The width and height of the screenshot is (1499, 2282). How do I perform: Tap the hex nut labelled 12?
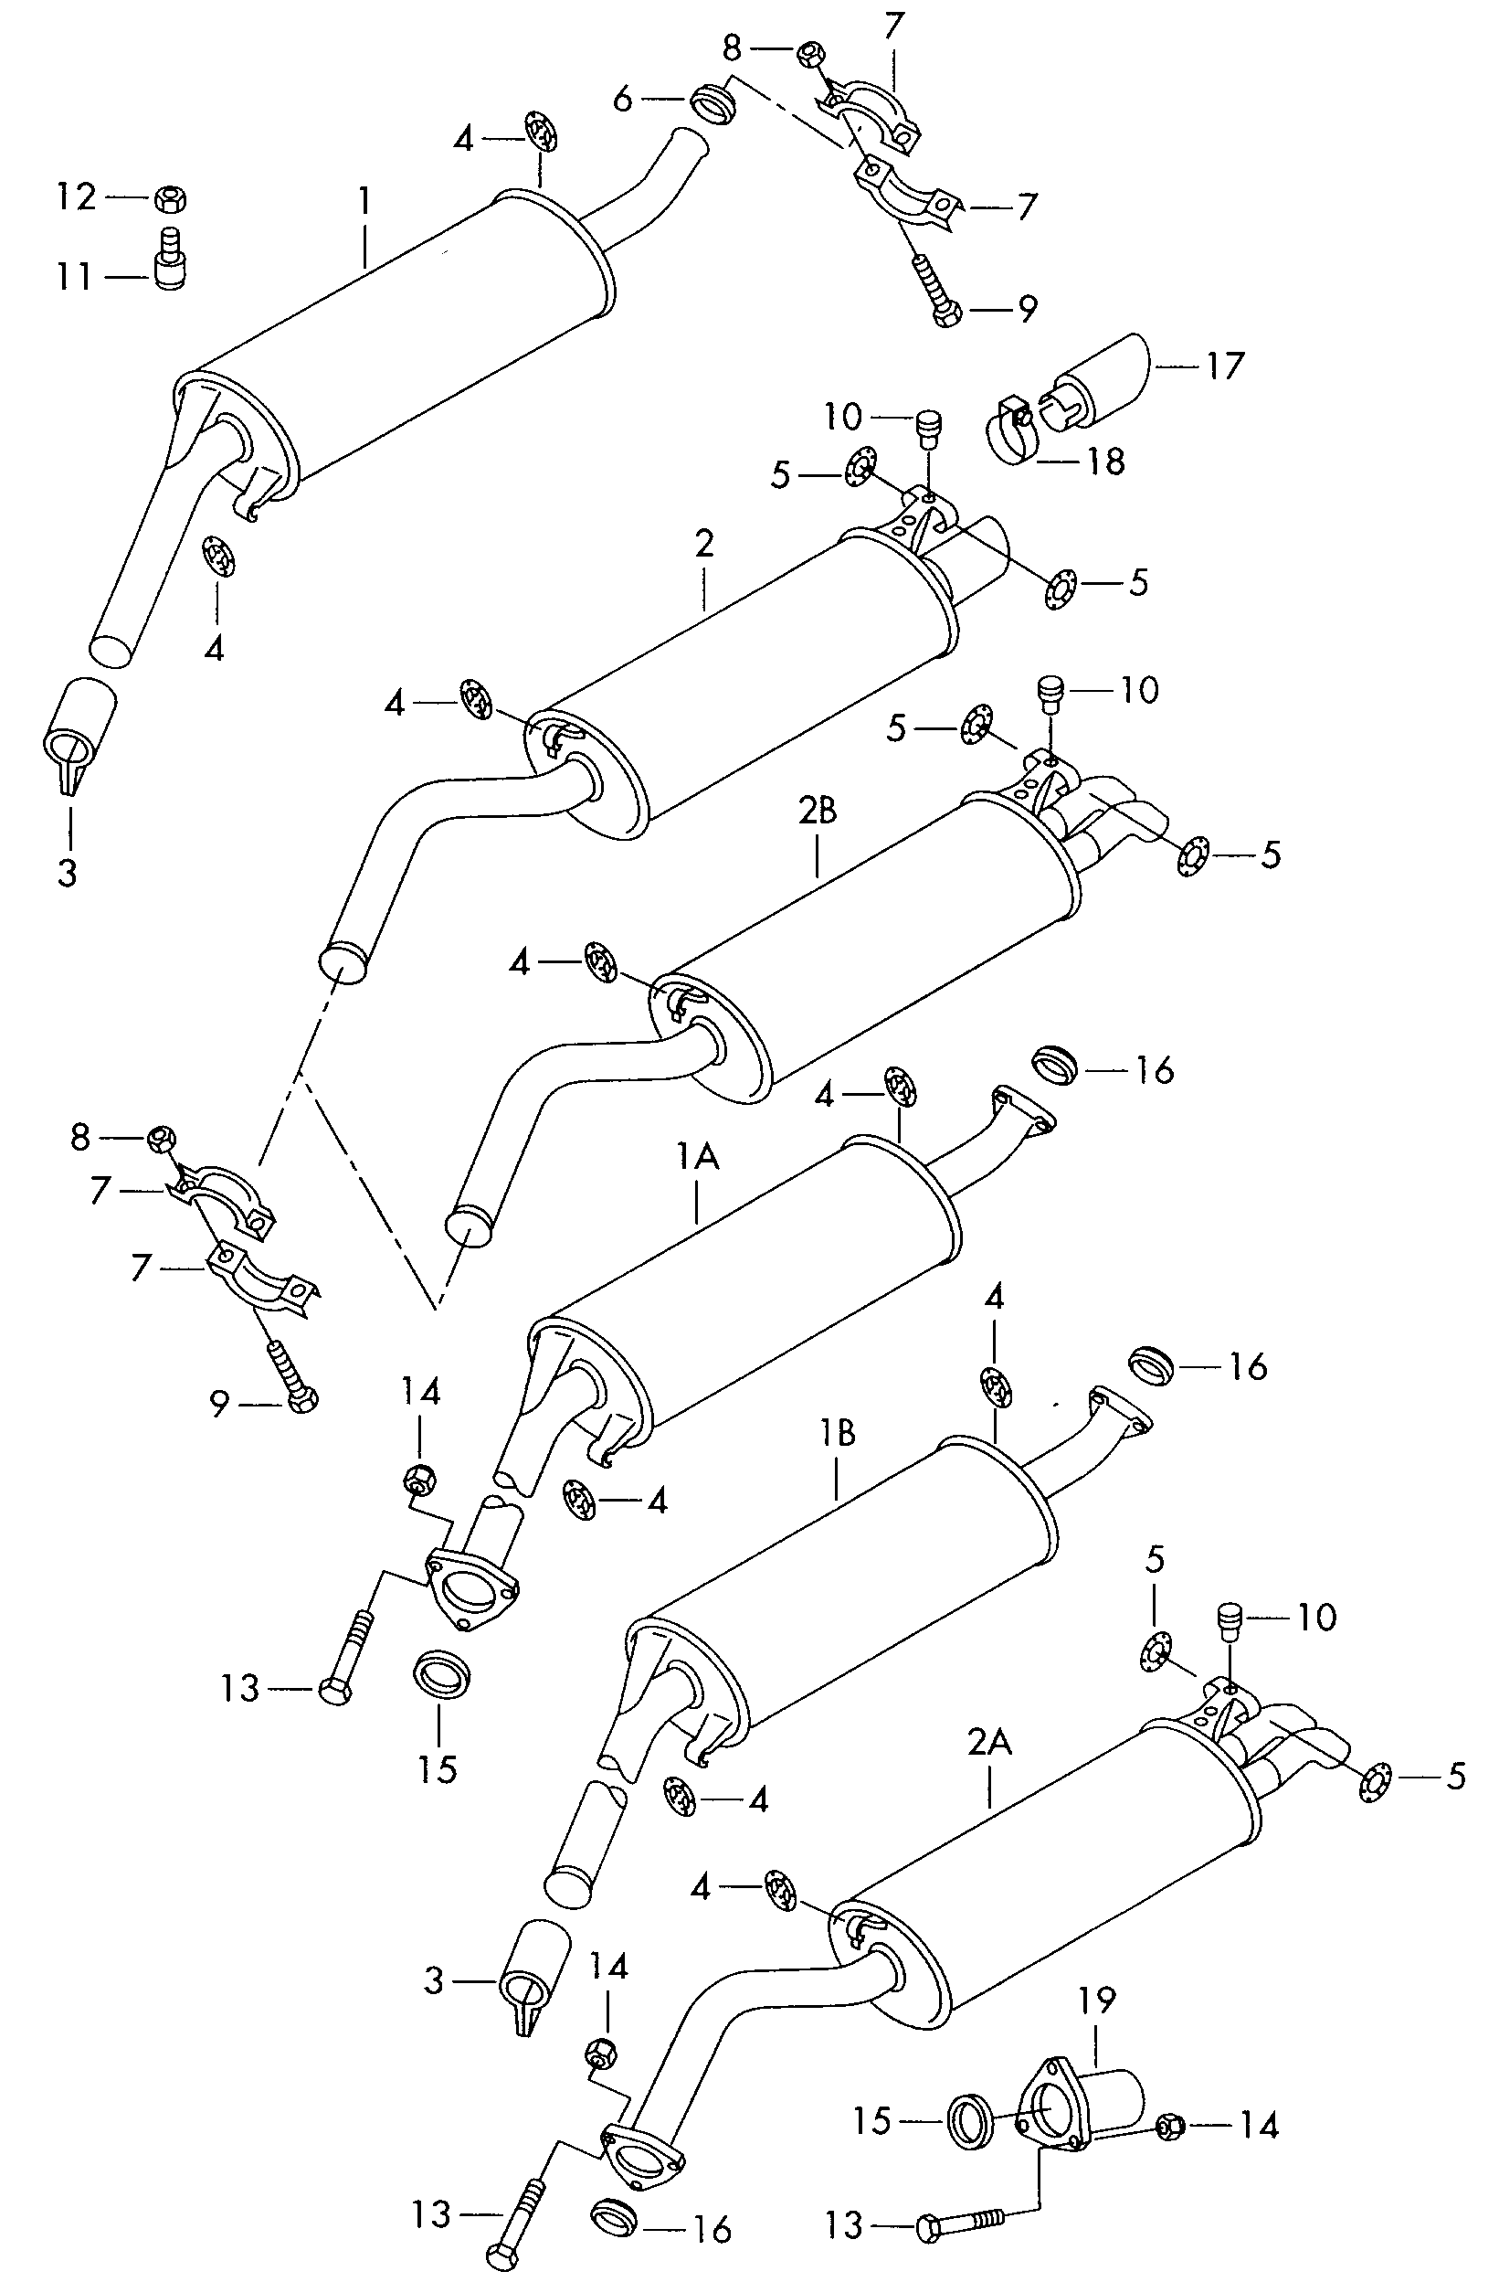pyautogui.click(x=170, y=199)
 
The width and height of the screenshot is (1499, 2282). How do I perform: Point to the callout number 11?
pyautogui.click(x=74, y=277)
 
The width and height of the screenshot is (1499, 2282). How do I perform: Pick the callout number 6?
pyautogui.click(x=623, y=98)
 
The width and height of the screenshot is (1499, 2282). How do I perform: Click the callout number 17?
pyautogui.click(x=1224, y=366)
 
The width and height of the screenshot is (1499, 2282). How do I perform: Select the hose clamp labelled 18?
pyautogui.click(x=1008, y=432)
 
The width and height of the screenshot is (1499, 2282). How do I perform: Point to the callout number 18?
pyautogui.click(x=1106, y=462)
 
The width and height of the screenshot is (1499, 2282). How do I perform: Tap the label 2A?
pyautogui.click(x=989, y=1741)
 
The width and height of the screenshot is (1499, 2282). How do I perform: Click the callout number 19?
pyautogui.click(x=1096, y=2001)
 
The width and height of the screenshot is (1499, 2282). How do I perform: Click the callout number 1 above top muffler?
pyautogui.click(x=364, y=201)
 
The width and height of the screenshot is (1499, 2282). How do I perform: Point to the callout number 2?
pyautogui.click(x=704, y=545)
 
